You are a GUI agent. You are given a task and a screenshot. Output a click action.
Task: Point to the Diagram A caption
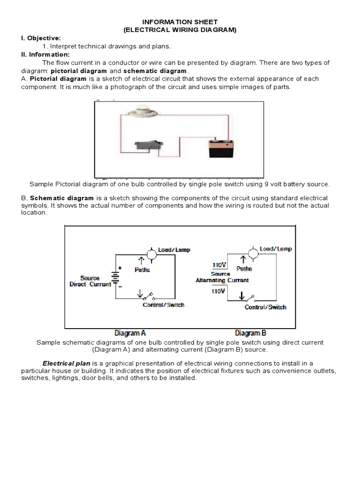130,333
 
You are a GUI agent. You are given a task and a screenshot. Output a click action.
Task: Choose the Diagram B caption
250,333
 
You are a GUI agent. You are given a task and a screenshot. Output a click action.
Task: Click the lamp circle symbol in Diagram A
151,254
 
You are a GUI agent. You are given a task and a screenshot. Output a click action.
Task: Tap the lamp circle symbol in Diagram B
253,254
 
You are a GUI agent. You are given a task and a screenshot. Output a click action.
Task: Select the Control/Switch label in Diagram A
163,305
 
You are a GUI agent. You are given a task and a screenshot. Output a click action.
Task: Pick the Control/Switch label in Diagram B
265,307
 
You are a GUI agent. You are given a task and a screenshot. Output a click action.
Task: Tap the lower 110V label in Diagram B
218,291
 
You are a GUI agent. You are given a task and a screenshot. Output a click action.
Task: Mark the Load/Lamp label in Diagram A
174,250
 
